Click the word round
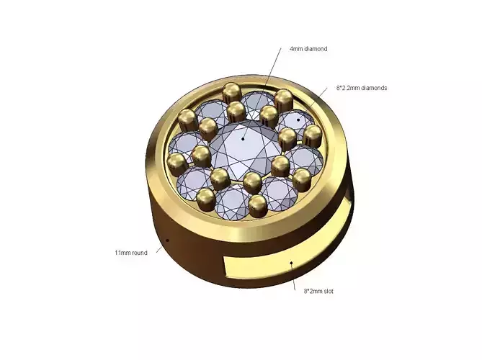[x=140, y=253]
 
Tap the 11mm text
[x=122, y=253]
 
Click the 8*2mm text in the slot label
[x=311, y=291]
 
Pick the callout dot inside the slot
[x=290, y=263]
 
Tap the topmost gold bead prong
[x=232, y=91]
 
